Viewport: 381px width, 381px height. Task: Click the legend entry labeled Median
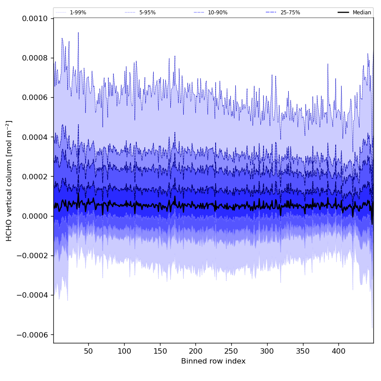361,13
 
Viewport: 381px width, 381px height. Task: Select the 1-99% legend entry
78,13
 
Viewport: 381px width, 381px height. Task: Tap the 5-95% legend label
147,13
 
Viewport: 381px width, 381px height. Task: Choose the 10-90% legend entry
217,13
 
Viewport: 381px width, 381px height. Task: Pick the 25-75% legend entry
290,13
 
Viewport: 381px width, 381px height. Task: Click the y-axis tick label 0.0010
35,18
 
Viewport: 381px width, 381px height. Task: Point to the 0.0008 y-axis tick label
35,58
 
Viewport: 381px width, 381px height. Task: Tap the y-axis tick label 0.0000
35,216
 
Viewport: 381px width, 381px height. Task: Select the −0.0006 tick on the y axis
33,335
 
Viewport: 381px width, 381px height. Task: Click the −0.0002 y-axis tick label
33,256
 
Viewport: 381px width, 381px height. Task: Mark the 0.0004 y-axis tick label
35,137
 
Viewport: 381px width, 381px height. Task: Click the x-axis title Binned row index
213,361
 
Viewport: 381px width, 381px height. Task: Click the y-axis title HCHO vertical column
9,181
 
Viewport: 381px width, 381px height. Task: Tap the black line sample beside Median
343,13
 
